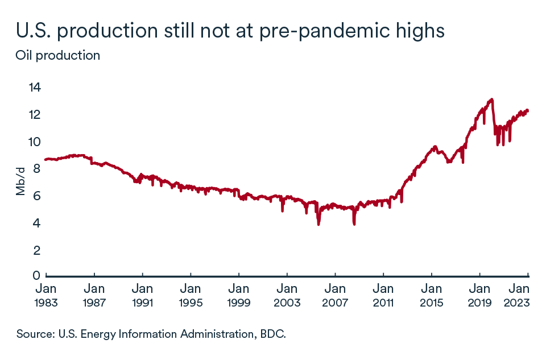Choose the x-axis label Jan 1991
(142, 295)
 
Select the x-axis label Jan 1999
(238, 295)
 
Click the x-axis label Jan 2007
(335, 295)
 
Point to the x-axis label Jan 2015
(432, 295)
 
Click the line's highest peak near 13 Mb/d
(491, 100)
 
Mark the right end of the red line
(527, 110)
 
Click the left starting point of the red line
(45, 159)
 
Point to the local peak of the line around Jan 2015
(435, 147)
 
